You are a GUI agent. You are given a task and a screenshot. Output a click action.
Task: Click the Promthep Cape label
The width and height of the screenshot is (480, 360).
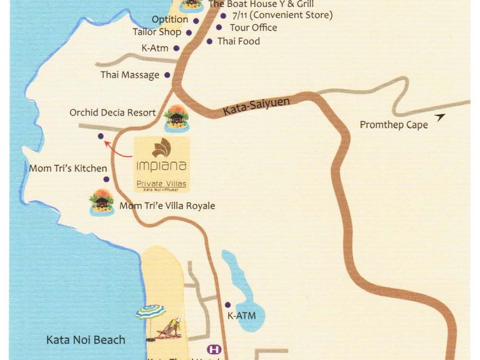pos(394,125)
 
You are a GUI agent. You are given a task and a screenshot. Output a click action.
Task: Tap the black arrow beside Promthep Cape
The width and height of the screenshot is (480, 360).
pos(441,118)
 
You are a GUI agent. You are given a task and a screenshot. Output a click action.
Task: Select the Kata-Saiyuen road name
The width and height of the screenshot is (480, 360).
pos(256,107)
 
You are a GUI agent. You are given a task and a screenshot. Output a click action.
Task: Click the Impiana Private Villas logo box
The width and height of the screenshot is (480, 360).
pos(161,164)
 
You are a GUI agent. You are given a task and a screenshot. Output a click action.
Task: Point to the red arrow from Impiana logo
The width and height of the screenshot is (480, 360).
pos(118,149)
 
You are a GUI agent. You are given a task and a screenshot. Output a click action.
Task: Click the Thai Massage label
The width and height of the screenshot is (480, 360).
pos(130,75)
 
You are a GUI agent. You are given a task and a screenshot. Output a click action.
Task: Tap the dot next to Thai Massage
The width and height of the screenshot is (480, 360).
pos(167,75)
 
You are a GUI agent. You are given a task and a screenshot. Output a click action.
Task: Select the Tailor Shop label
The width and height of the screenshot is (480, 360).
pos(157,32)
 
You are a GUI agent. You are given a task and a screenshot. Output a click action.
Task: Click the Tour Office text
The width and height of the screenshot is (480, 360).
pos(253,28)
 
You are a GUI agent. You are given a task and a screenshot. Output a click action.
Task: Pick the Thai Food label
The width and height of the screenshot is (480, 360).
pos(239,41)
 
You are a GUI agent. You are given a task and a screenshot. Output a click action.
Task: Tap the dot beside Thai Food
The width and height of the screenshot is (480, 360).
pos(209,41)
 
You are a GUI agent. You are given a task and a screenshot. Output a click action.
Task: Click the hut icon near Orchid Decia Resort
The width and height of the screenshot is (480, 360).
pos(176,118)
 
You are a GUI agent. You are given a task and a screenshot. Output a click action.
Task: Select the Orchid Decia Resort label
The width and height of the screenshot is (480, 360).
pos(112,112)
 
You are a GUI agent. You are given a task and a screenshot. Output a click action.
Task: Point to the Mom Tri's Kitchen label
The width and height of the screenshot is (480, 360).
pos(68,169)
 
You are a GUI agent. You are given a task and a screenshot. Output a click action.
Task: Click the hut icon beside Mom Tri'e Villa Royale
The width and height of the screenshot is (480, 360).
pos(101,202)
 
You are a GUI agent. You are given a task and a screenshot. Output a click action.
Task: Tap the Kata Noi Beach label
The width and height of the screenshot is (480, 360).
pos(86,340)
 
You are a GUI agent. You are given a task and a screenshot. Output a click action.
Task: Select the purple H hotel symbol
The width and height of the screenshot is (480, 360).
pos(212,349)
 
